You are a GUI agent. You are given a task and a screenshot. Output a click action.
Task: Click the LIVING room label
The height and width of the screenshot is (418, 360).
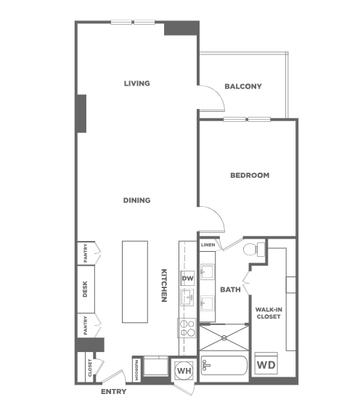[136, 83]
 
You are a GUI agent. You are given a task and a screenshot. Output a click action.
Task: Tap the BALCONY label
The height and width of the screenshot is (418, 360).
[243, 86]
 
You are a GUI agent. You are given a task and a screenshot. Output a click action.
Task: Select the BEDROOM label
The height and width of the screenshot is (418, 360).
[250, 176]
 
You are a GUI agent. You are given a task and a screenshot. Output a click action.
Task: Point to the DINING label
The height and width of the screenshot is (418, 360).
[136, 200]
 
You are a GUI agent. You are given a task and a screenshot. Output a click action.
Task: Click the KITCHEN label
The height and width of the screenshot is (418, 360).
[164, 285]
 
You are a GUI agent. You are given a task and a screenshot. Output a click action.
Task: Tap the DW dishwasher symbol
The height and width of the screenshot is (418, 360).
[187, 279]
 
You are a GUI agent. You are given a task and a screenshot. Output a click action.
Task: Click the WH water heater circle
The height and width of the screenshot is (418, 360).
[184, 371]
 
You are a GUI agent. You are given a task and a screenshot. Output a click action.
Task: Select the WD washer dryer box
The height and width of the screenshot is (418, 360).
[266, 364]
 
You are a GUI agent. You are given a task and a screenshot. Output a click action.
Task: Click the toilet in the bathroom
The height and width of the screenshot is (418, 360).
[253, 249]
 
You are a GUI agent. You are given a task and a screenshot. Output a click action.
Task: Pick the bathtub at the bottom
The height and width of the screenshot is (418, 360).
[224, 366]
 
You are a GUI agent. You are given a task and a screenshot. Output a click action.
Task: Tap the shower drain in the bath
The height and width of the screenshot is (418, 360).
[224, 337]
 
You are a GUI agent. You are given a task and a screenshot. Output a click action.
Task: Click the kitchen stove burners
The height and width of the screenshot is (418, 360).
[187, 328]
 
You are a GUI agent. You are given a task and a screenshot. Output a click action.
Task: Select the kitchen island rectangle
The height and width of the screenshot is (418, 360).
[135, 282]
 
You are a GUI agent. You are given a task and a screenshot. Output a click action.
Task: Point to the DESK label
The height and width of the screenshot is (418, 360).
[85, 289]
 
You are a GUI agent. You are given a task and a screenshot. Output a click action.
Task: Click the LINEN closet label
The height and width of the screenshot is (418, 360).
[208, 245]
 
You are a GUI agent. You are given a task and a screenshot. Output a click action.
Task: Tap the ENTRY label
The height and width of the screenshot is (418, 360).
[114, 392]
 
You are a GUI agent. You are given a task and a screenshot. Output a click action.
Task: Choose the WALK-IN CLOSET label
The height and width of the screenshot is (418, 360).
[269, 313]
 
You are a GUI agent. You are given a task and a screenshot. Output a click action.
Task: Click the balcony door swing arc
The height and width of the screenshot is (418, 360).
[218, 94]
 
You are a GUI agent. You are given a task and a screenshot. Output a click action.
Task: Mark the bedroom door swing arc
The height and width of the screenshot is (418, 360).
[218, 215]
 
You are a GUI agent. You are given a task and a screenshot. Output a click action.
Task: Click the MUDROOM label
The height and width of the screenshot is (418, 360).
[136, 370]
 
